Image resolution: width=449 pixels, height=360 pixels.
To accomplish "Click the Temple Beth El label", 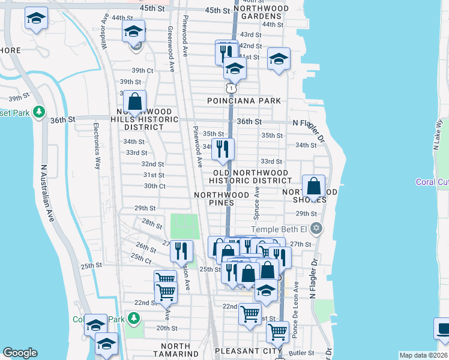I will (282, 229).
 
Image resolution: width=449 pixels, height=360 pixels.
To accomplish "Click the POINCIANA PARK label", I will (244, 101).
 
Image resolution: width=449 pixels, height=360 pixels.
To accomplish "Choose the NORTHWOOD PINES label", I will (221, 199).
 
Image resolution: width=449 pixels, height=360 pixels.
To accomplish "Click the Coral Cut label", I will (433, 182).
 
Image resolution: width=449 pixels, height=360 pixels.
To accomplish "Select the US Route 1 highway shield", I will (231, 88).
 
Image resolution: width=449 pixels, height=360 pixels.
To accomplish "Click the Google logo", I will (20, 353).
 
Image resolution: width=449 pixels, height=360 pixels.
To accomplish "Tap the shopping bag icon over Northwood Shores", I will (313, 187).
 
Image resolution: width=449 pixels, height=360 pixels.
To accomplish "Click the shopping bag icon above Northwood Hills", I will (135, 102).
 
